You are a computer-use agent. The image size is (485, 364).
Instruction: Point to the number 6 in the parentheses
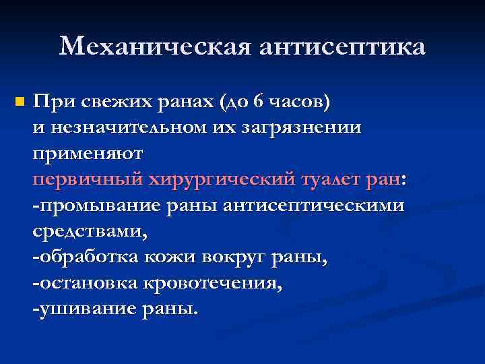pyautogui.click(x=260, y=102)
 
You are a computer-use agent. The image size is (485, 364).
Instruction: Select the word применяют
pyautogui.click(x=88, y=154)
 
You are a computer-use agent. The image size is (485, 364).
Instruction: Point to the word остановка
pyautogui.click(x=88, y=282)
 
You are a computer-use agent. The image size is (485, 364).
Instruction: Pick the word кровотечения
pyautogui.click(x=214, y=283)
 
